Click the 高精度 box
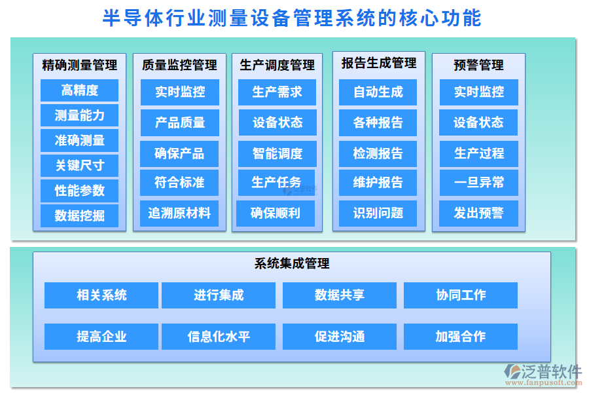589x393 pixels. click(x=79, y=90)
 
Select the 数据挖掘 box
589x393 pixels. click(x=79, y=215)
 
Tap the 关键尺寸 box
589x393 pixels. click(x=79, y=166)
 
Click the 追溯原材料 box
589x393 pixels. click(x=179, y=213)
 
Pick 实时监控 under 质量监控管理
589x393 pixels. click(x=180, y=92)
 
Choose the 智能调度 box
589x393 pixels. click(x=277, y=154)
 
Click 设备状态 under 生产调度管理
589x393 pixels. click(x=277, y=122)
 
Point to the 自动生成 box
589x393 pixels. click(x=378, y=92)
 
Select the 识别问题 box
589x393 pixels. click(x=378, y=213)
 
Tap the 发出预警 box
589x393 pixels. click(x=479, y=213)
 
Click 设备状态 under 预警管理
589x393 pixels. click(x=479, y=122)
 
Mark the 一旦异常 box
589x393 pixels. click(x=479, y=183)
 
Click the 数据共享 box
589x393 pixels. click(x=340, y=295)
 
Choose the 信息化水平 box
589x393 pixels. click(x=219, y=337)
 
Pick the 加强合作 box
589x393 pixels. click(x=461, y=337)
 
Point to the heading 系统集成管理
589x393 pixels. click(x=292, y=264)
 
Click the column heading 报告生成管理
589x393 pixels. click(x=379, y=64)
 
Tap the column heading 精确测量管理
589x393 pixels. click(x=79, y=65)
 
